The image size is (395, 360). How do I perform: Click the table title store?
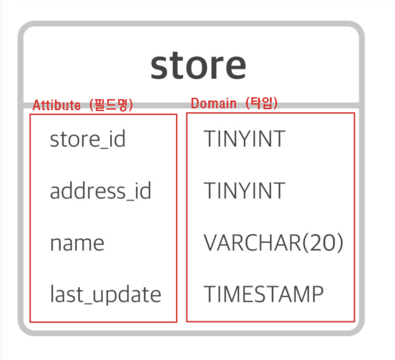tap(198, 66)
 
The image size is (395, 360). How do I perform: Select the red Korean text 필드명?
tap(111, 105)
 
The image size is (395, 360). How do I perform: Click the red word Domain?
tap(213, 104)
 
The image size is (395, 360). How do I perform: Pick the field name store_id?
tap(87, 139)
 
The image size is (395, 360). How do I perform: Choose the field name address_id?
tap(100, 191)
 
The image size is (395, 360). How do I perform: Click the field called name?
tap(77, 243)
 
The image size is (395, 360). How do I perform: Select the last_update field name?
tap(105, 295)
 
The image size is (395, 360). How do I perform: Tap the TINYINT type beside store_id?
tap(244, 139)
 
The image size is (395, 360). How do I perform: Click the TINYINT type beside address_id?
tap(244, 191)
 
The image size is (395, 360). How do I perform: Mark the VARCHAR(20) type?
tap(273, 243)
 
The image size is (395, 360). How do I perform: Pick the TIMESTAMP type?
tap(264, 294)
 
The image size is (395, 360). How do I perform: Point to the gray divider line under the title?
tap(190, 105)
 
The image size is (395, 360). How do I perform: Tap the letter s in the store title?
tap(160, 67)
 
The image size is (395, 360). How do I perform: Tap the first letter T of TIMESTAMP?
tap(210, 294)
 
